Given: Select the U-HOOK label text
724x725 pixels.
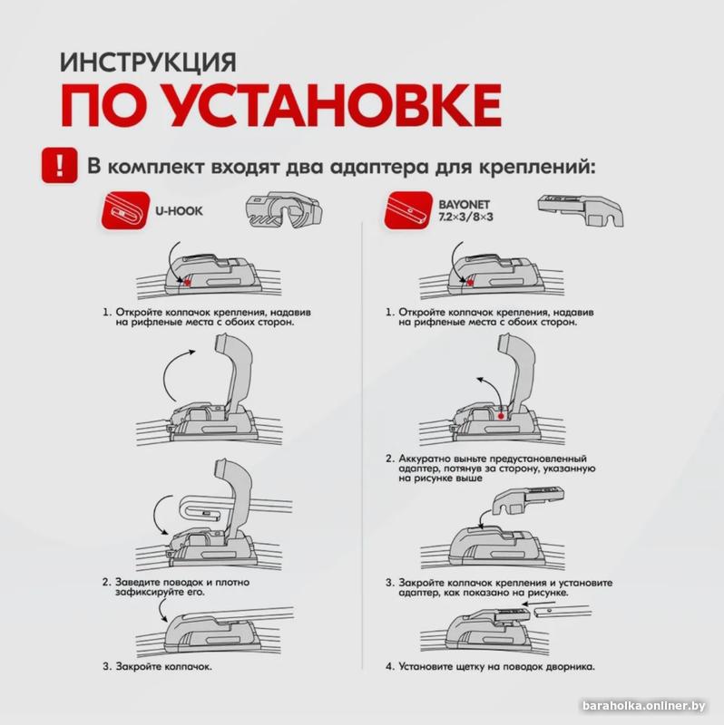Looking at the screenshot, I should (179, 210).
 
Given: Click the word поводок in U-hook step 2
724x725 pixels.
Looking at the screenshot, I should (196, 581).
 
